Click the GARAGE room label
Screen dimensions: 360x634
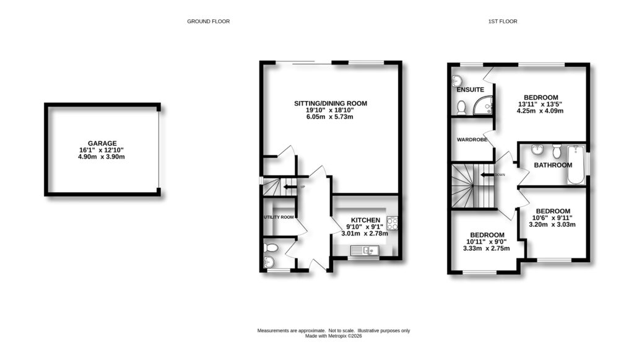102,143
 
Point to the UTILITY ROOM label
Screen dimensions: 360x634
278,217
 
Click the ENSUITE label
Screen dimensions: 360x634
470,90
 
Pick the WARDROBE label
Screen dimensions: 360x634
472,139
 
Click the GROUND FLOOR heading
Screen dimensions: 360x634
208,21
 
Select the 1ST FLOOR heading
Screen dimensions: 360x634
502,21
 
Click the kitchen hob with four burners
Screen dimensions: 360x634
393,223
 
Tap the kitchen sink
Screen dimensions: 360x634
364,250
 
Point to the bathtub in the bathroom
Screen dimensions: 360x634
576,165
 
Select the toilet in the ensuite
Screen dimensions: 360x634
461,108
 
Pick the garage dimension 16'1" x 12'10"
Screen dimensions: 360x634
102,150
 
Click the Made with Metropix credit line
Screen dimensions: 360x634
334,336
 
